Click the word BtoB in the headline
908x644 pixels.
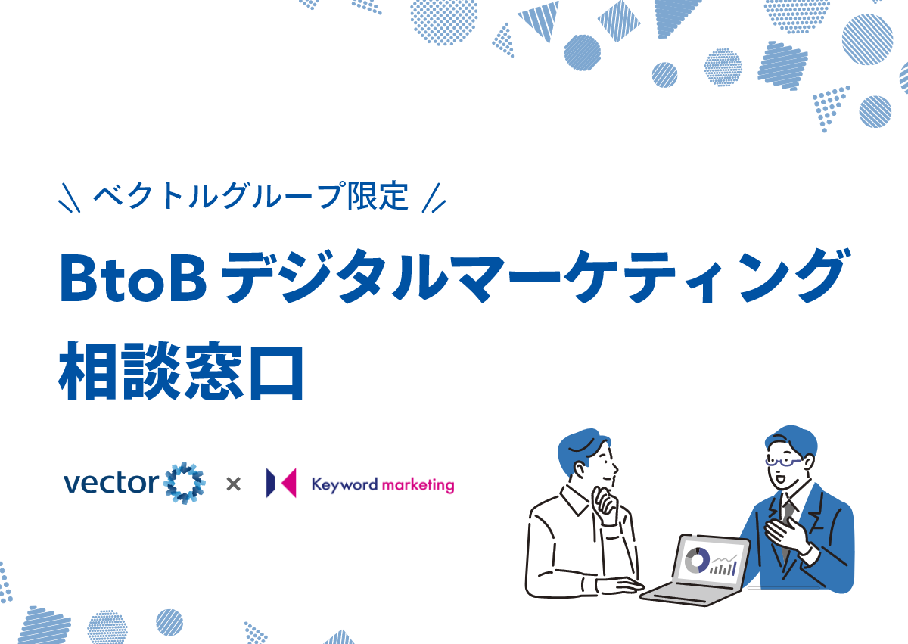[x=133, y=278]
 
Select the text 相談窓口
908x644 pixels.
[x=181, y=372]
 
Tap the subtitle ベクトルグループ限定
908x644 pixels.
[x=251, y=196]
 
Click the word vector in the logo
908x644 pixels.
[x=111, y=482]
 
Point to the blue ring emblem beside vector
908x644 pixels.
[x=185, y=483]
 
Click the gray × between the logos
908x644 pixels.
[x=234, y=484]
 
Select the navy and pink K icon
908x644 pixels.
[x=281, y=483]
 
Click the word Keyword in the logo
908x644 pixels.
[x=344, y=484]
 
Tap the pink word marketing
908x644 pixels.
[x=418, y=485]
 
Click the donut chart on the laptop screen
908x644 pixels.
[x=696, y=561]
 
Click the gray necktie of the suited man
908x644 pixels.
[x=787, y=527]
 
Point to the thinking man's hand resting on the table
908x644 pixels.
[x=620, y=586]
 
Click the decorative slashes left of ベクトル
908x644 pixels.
[x=70, y=198]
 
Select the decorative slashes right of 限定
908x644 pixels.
[x=434, y=198]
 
